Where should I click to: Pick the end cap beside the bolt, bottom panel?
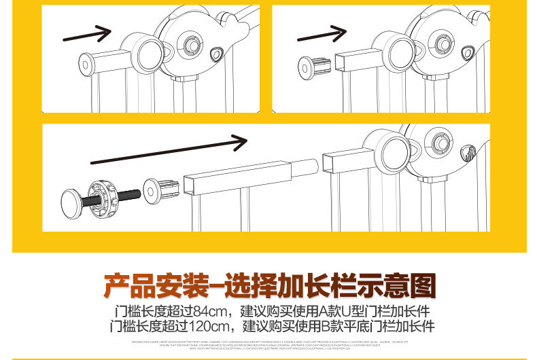pyautogui.click(x=161, y=188)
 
